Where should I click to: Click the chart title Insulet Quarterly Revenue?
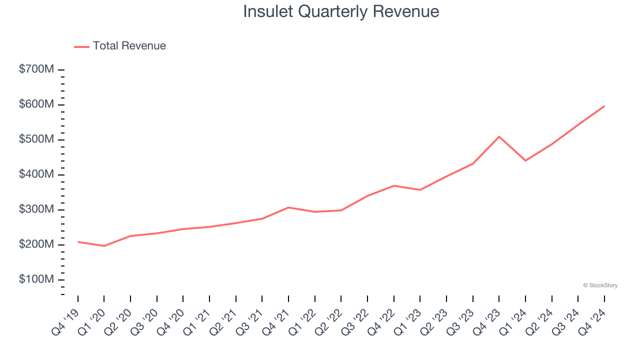(x=341, y=11)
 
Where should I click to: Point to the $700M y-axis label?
(x=36, y=70)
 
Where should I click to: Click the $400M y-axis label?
(x=36, y=174)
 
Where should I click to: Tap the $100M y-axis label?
(x=36, y=279)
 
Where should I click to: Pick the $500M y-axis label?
(x=36, y=139)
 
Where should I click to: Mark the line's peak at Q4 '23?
(x=499, y=136)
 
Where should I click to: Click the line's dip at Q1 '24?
(x=525, y=160)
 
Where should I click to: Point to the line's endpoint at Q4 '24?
(x=604, y=106)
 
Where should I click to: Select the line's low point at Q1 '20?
(x=104, y=246)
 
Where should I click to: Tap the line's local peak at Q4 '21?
(x=288, y=207)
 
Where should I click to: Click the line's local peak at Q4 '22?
(x=394, y=185)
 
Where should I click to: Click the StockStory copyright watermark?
(x=600, y=285)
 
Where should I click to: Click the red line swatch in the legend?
(x=81, y=46)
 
